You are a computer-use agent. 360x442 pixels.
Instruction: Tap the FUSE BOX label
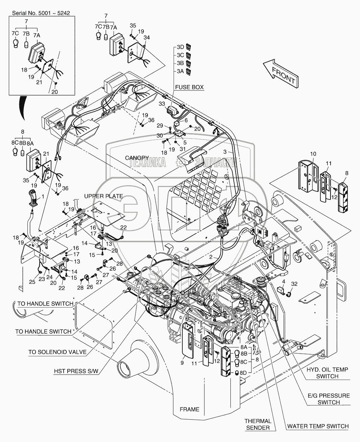click(189, 87)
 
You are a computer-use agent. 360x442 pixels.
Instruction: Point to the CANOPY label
click(137, 157)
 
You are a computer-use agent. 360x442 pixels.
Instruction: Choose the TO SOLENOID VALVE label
click(57, 352)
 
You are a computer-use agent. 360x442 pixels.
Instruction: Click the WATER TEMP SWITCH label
click(318, 426)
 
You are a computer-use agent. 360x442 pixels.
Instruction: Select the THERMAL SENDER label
click(258, 424)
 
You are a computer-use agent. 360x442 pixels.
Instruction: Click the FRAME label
click(189, 409)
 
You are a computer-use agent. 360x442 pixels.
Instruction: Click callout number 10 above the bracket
click(313, 154)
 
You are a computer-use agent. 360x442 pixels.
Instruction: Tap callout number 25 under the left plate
click(32, 281)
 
